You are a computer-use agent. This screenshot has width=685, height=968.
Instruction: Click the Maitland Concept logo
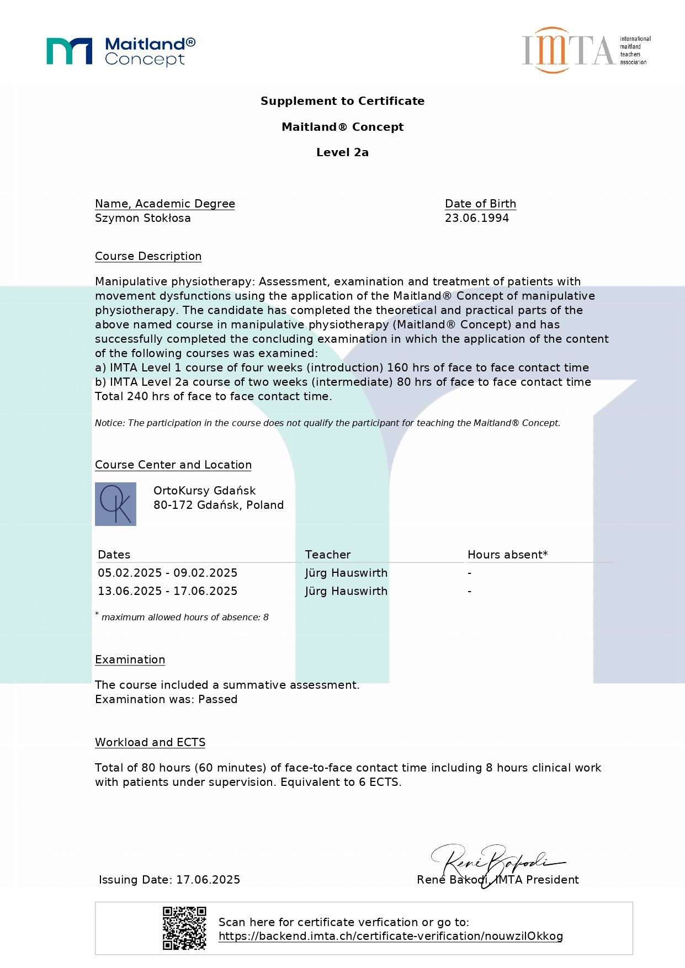point(121,51)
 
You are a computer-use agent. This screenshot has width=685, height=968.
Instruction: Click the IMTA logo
point(586,50)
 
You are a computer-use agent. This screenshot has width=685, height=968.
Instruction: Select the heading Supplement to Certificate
point(342,101)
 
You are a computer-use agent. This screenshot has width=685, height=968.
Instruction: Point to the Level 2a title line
point(342,152)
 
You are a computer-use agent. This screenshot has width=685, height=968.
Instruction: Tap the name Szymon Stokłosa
point(142,218)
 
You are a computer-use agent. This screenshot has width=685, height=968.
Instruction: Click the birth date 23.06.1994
point(477,218)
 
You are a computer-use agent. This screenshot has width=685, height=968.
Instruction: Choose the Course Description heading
point(148,256)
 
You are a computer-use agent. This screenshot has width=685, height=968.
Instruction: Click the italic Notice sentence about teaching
point(327,423)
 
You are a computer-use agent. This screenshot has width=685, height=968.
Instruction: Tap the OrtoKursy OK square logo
point(115,504)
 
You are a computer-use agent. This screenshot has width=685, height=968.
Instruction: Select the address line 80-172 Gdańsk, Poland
point(219,505)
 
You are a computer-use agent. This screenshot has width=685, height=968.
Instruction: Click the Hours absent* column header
point(507,555)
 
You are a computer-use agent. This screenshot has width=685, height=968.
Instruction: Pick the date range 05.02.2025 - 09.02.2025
point(167,573)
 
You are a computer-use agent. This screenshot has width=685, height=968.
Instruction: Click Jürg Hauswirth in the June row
point(346,591)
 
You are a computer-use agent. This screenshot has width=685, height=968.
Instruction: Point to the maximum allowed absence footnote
point(184,617)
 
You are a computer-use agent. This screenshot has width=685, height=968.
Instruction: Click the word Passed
point(217,699)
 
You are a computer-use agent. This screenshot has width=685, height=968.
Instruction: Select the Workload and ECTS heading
point(150,742)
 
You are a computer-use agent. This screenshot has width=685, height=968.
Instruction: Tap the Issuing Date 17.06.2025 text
point(169,880)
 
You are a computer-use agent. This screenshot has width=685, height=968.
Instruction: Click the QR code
point(184,928)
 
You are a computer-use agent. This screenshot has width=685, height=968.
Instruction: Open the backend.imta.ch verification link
point(390,936)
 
